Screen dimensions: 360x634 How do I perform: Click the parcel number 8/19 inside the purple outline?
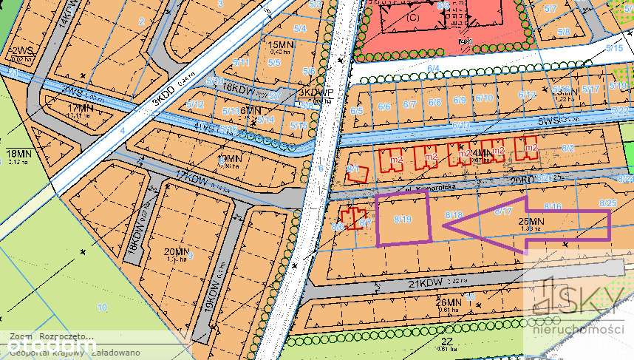(402, 220)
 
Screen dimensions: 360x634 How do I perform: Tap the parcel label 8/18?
(454, 214)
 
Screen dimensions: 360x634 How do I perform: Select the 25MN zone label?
(530, 221)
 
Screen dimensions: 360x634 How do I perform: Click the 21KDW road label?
(427, 282)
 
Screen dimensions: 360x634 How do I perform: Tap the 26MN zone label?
(449, 302)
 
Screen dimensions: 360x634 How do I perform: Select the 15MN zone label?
(278, 46)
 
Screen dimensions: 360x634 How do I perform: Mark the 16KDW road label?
(238, 87)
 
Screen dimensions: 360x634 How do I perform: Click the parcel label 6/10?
(484, 98)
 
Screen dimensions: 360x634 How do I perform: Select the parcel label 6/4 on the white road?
(433, 69)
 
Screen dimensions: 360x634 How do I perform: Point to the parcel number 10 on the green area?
(101, 307)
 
